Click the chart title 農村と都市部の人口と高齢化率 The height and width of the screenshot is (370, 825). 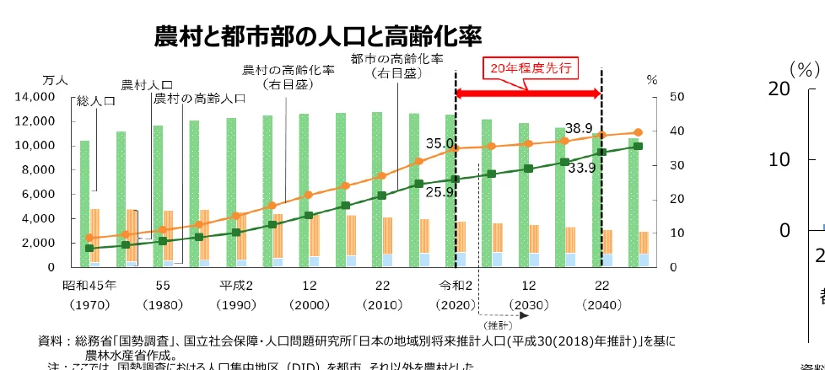318,37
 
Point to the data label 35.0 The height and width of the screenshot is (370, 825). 440,144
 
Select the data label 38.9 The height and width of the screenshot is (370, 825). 579,128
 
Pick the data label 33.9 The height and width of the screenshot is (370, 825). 582,167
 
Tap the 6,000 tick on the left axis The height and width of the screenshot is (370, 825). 39,195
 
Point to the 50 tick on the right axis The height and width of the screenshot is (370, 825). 652,98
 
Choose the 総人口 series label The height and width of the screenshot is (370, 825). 95,101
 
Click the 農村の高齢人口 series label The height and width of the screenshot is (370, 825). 200,99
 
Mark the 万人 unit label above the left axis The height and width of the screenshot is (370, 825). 54,79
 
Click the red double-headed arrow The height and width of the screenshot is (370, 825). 528,91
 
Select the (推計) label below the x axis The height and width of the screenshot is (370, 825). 494,324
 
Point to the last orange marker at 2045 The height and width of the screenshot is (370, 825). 638,132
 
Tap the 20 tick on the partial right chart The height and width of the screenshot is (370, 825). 778,88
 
